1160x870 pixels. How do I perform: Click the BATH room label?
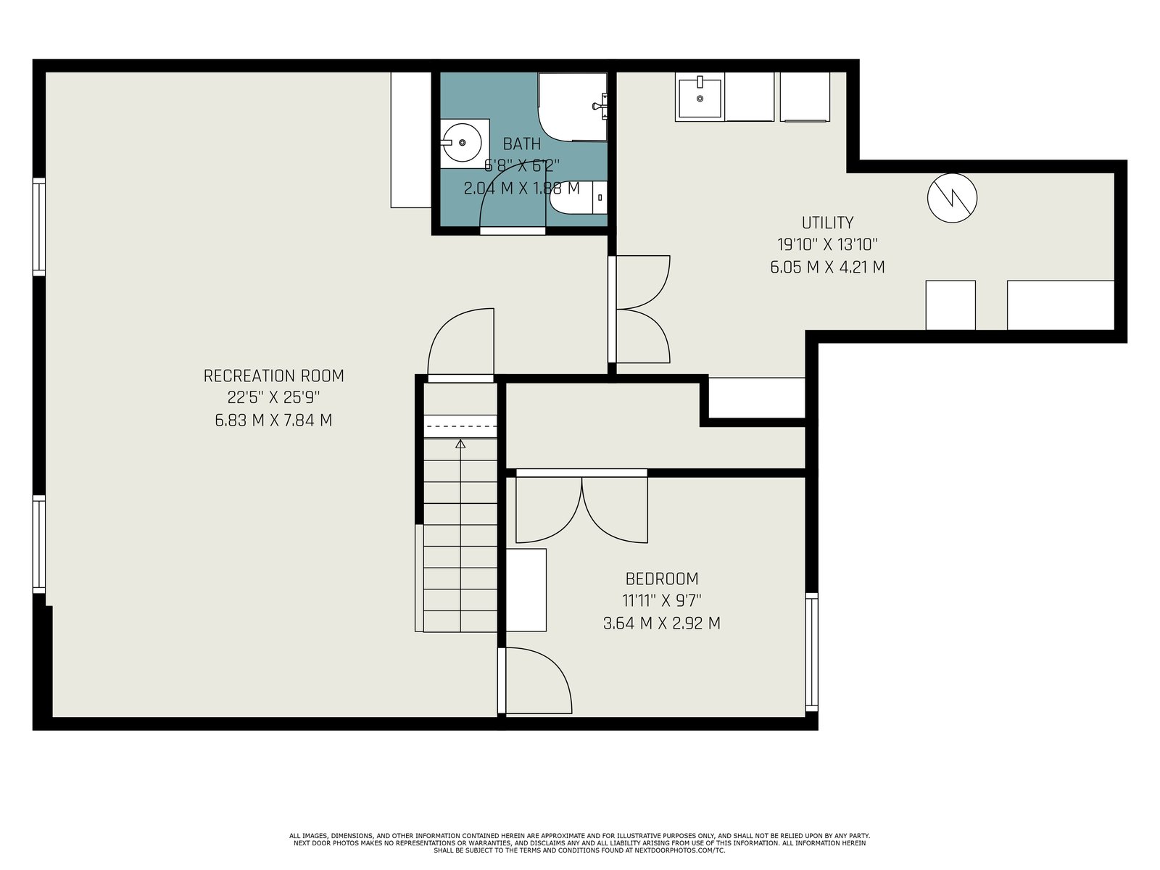point(521,144)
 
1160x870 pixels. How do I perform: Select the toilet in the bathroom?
point(578,197)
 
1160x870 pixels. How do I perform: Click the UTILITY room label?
point(827,223)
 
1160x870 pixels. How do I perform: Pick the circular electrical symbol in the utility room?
point(952,198)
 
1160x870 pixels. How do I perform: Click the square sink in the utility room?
point(700,98)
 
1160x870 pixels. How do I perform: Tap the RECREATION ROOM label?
point(273,376)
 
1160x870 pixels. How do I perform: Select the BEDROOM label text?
point(662,579)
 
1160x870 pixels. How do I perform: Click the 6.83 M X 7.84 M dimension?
point(273,420)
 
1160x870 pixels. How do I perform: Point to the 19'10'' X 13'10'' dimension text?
point(827,244)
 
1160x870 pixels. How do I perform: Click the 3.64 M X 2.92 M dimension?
point(662,623)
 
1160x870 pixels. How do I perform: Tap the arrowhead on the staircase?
point(460,444)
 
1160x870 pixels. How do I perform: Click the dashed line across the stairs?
point(460,426)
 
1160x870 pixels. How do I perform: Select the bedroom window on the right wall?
point(811,652)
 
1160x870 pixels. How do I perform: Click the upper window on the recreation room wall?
point(39,227)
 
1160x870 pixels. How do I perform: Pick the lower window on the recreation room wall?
point(39,544)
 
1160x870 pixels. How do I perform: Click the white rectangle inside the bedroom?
point(526,590)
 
